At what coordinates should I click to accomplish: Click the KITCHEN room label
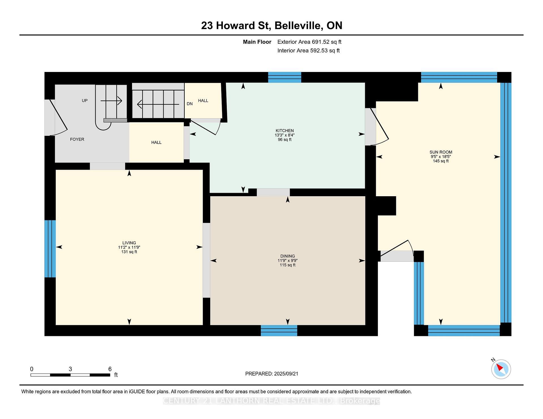285,131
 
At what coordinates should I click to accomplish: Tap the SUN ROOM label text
441,152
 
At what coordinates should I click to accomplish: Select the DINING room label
288,256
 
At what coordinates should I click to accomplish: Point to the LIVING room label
129,243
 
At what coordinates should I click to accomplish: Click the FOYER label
77,139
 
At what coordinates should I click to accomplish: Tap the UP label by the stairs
85,101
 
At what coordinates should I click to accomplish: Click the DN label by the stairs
189,104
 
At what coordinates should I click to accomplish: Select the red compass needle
499,368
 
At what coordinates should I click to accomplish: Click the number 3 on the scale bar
70,369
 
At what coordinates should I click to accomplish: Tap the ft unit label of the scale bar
116,375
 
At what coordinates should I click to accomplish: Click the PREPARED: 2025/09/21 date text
271,374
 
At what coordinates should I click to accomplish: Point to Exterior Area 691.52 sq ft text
309,42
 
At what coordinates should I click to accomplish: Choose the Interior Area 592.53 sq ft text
308,51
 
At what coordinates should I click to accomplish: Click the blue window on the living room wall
50,249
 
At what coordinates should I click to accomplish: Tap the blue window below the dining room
279,331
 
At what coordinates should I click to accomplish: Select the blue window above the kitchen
285,77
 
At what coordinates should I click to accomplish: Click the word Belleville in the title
299,26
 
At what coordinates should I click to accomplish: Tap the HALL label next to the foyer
156,143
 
